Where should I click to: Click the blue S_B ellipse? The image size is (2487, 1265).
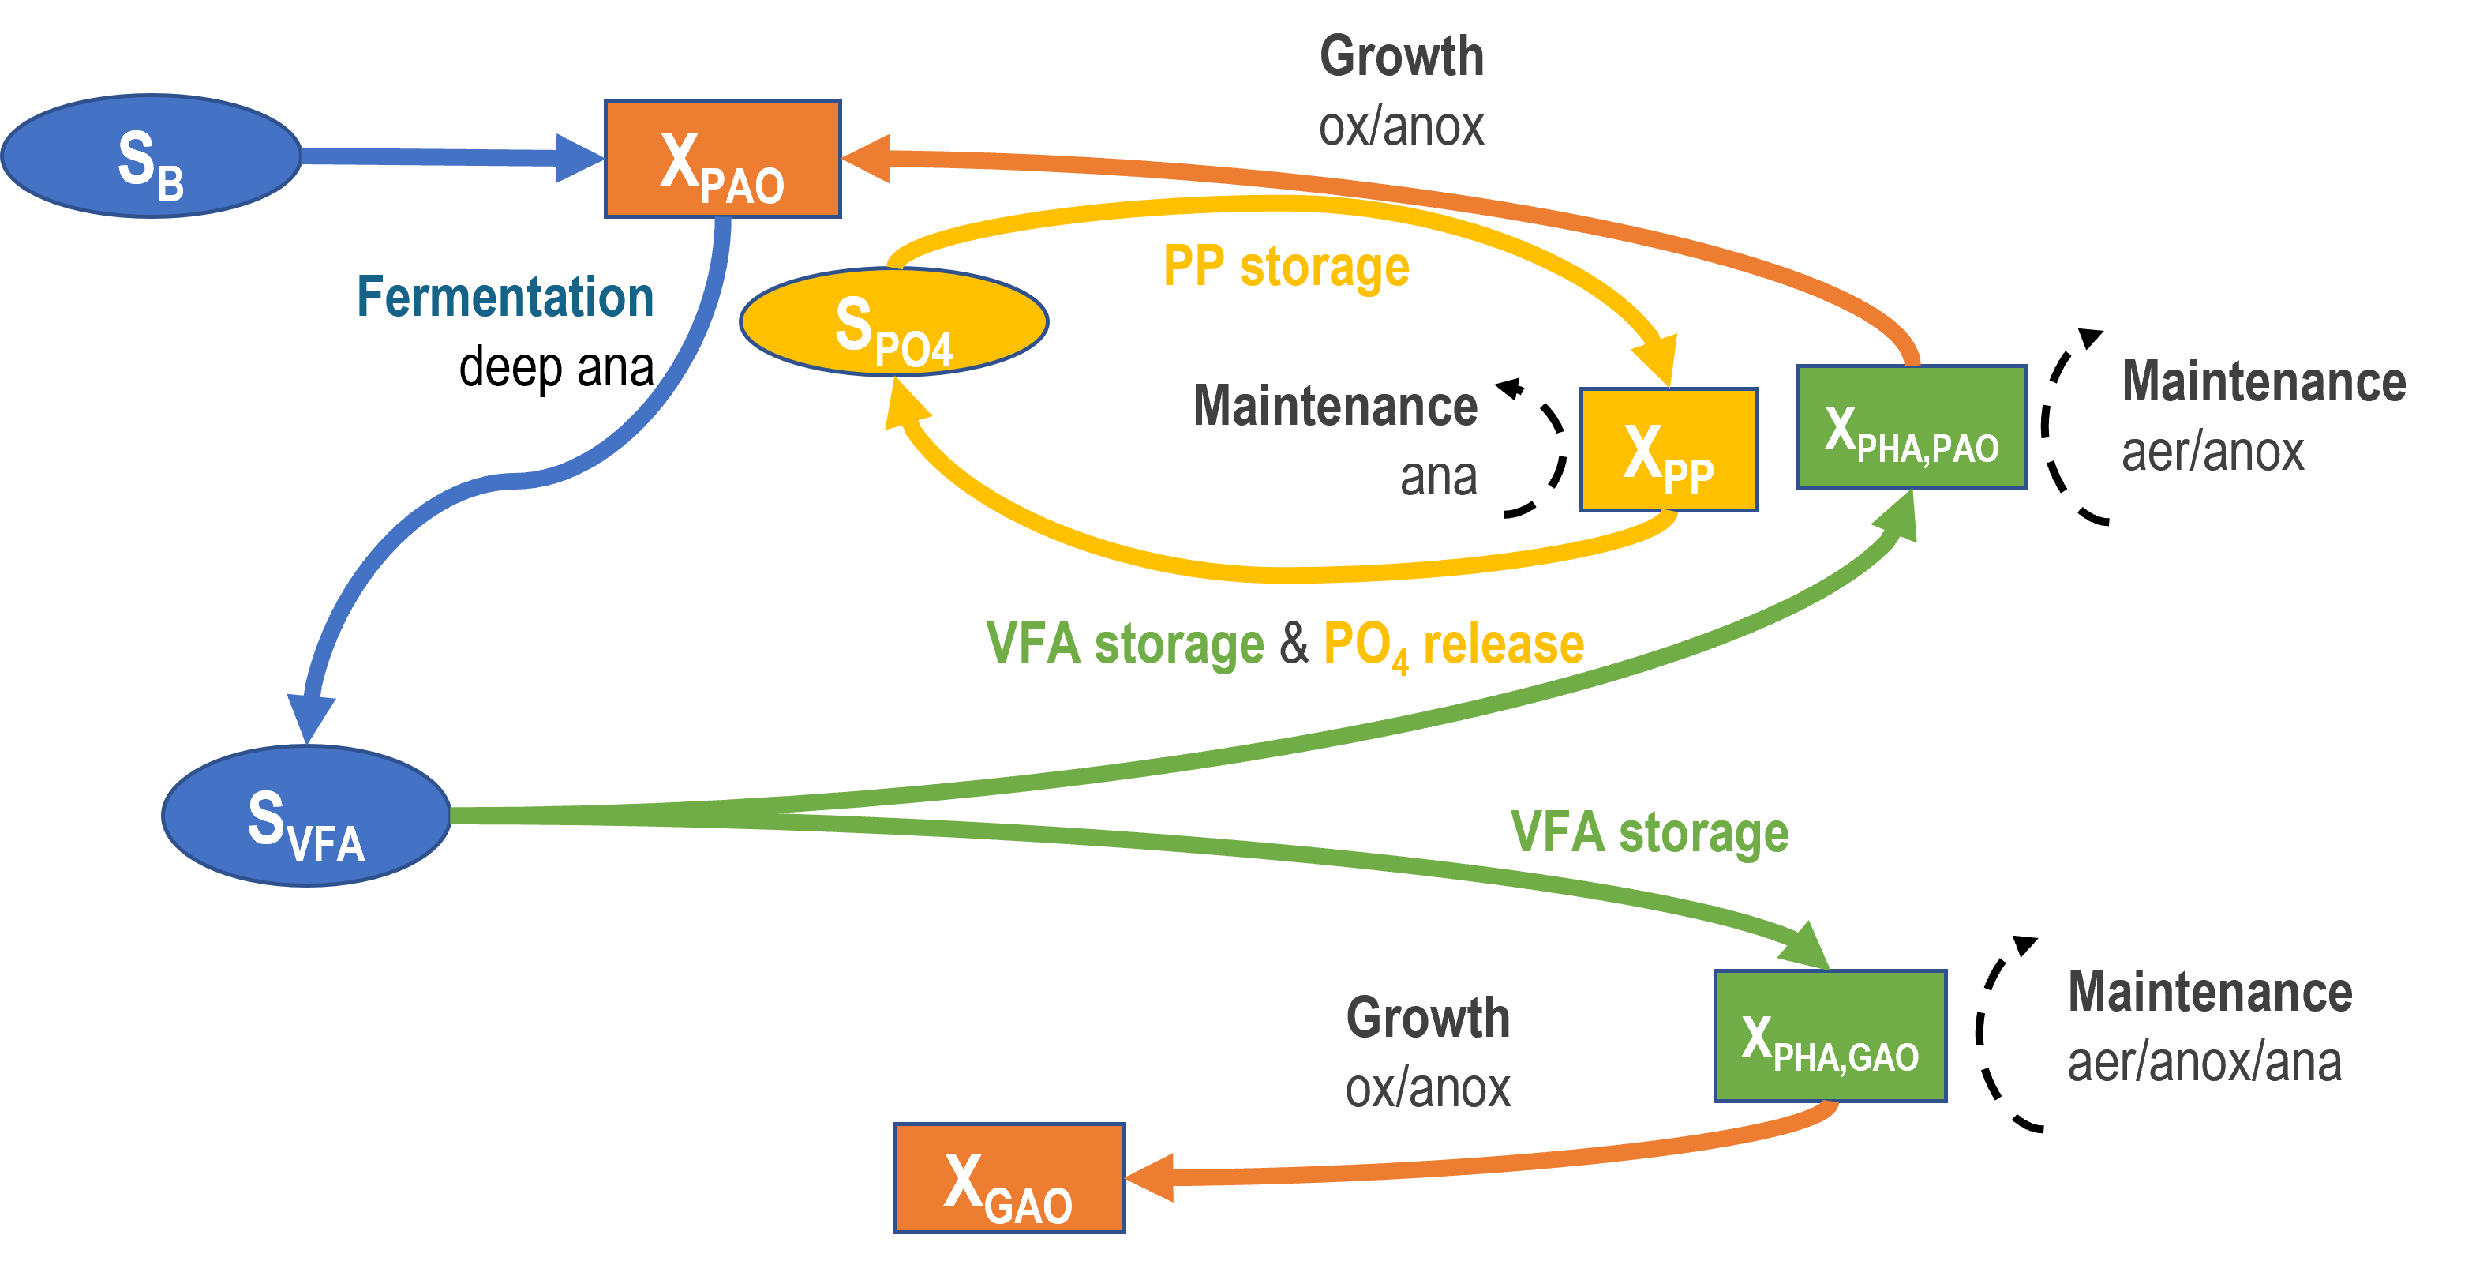[151, 156]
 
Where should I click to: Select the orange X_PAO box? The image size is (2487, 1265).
[722, 160]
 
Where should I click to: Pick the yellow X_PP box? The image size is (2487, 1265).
[1669, 450]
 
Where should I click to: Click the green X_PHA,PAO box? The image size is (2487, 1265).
[1912, 427]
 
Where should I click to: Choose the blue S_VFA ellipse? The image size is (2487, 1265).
[306, 816]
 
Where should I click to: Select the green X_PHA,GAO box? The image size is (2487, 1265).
[1830, 1036]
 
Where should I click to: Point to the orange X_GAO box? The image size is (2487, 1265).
[1008, 1178]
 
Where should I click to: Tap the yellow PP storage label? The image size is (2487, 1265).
[1285, 267]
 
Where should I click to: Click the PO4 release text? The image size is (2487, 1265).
[1453, 645]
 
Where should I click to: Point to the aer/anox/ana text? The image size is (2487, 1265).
[2204, 1062]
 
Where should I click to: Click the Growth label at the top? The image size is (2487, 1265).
[1402, 56]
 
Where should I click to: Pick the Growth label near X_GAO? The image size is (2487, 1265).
[1428, 1018]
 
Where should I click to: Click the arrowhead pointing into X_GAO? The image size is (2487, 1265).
[1151, 1178]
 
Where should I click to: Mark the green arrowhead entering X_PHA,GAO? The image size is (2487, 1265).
[1805, 946]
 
